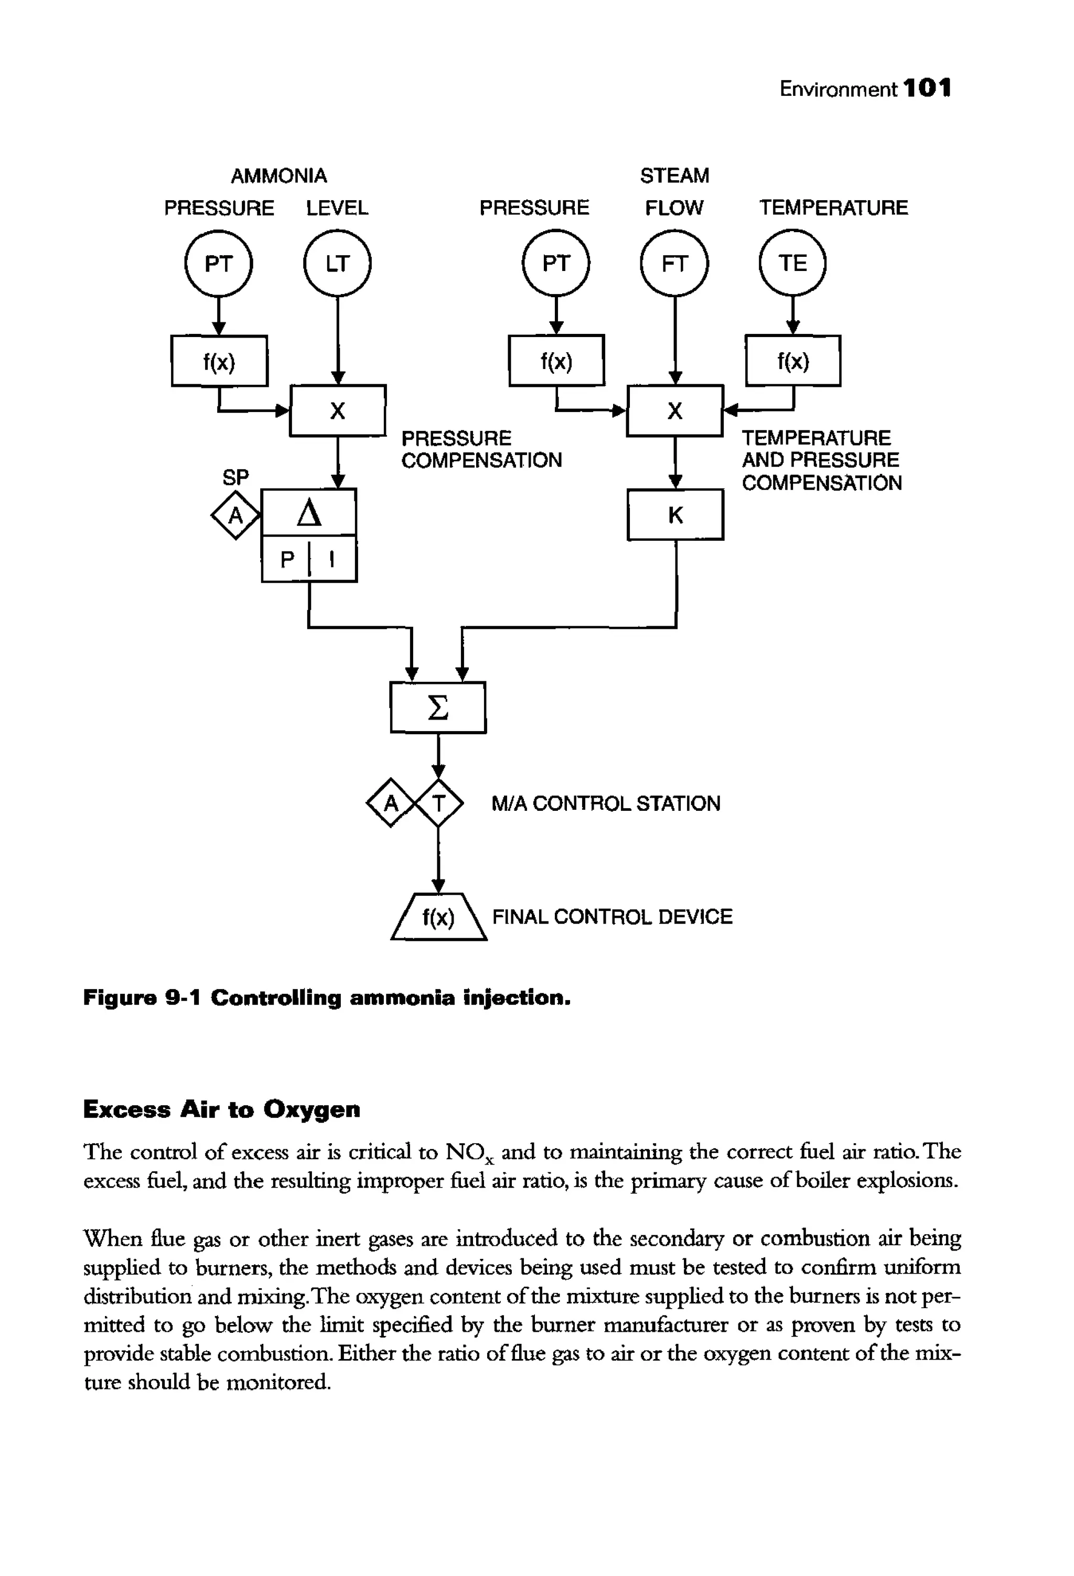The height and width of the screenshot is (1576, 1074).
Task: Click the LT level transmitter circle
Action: [337, 263]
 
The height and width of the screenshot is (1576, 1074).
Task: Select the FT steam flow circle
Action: [674, 263]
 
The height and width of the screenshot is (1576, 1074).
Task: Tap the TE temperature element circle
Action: [792, 263]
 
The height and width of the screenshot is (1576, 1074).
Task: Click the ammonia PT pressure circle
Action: [219, 263]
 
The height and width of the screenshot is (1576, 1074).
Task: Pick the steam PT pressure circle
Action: [556, 263]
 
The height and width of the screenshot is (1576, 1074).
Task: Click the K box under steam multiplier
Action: [675, 515]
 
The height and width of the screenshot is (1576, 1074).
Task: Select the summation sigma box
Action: [438, 708]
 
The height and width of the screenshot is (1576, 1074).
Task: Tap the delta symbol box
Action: [309, 513]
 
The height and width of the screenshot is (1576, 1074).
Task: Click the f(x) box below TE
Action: [792, 361]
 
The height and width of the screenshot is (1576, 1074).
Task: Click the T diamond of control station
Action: [439, 803]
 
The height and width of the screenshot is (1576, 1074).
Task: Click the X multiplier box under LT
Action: [337, 410]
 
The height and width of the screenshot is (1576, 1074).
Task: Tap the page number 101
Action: [928, 88]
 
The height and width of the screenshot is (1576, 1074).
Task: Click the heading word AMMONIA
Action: [279, 176]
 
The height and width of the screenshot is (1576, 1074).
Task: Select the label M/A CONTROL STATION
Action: [605, 803]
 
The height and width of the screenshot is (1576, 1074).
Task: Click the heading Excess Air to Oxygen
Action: [221, 1110]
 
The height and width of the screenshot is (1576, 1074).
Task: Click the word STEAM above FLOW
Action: [674, 176]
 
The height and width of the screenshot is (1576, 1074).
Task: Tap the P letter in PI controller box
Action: [288, 559]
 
